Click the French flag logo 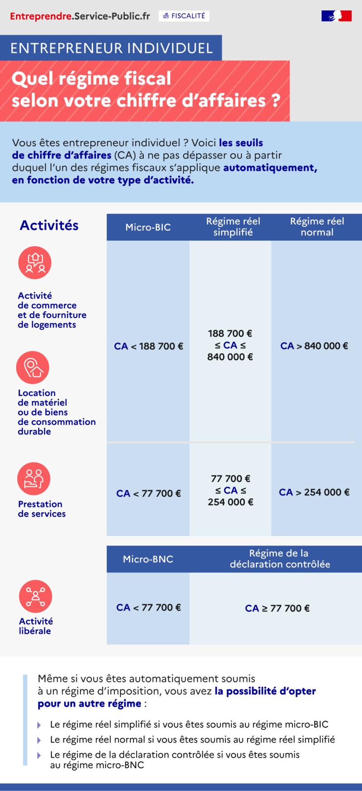click(x=337, y=16)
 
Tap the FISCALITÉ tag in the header click(x=184, y=16)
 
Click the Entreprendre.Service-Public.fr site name click(x=80, y=16)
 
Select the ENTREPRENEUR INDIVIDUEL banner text click(x=111, y=48)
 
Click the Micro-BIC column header click(x=148, y=227)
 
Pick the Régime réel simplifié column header click(x=233, y=226)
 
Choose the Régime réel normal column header click(x=317, y=226)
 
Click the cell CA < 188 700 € click(x=148, y=346)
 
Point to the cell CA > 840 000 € click(x=314, y=346)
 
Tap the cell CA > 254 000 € click(x=314, y=492)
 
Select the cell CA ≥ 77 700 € click(x=277, y=608)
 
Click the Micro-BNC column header click(x=148, y=559)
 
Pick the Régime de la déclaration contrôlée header click(x=280, y=559)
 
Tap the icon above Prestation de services click(x=34, y=479)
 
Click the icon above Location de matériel click(x=33, y=368)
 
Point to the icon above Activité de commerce click(x=35, y=263)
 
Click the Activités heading click(x=49, y=225)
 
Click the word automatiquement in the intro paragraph click(x=270, y=168)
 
